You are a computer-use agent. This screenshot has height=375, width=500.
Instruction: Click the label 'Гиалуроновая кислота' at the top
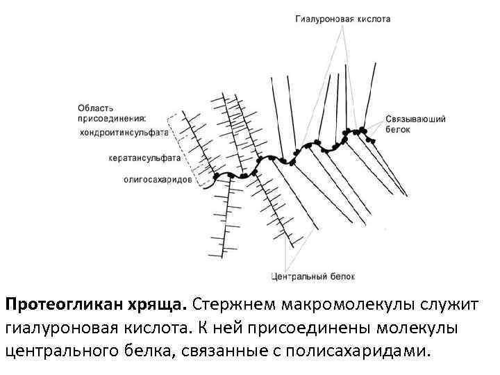(342, 19)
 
